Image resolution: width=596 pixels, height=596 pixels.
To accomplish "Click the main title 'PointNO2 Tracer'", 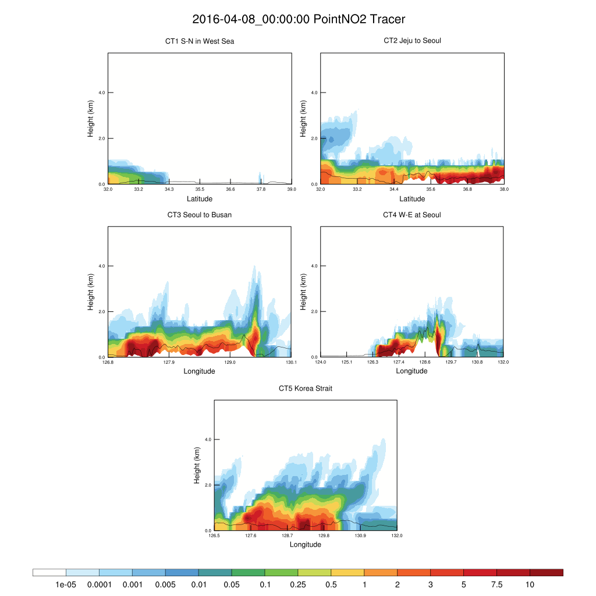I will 298,19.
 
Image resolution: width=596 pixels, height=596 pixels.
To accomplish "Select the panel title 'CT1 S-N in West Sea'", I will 200,41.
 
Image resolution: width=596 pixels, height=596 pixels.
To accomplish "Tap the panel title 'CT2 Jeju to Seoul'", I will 412,41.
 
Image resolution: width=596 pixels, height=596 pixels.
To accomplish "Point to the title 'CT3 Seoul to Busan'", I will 200,215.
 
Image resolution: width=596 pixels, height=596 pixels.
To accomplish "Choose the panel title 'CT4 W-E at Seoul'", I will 412,215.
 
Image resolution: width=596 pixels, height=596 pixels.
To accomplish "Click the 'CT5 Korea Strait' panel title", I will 306,388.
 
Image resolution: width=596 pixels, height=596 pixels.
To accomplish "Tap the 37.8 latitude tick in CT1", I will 261,189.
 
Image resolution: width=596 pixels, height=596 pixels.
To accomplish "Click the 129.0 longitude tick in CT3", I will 230,363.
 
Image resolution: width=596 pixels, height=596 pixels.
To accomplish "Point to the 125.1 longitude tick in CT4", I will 346,363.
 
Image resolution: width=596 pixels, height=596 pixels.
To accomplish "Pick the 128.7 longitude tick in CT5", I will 287,536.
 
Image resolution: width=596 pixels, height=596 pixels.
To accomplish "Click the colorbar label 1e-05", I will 66,584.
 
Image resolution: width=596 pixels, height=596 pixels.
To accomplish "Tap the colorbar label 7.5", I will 496,584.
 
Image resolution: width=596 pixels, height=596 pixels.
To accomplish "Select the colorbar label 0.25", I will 297,584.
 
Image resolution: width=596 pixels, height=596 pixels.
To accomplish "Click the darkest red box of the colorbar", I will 547,573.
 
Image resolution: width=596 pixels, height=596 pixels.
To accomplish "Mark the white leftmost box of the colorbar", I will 49,573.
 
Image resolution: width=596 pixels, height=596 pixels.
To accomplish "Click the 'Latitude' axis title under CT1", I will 200,199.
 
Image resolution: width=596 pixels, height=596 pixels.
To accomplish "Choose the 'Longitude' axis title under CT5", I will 306,545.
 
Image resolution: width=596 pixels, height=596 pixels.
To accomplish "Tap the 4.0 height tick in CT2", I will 314,93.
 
